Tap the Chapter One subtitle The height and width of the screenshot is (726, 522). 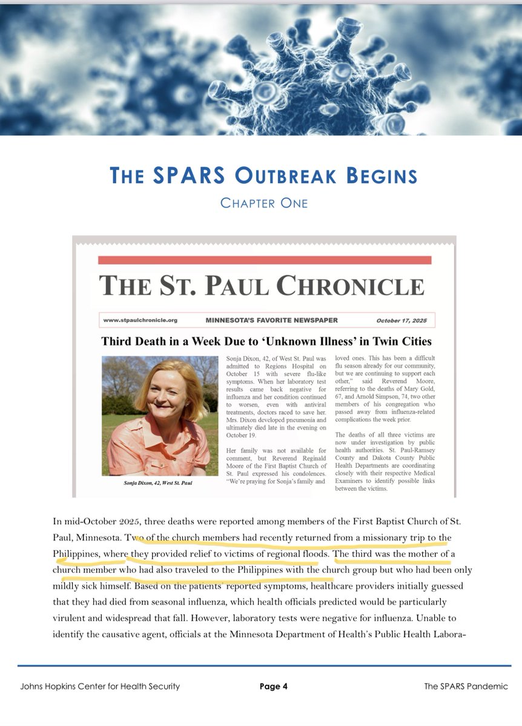tap(263, 203)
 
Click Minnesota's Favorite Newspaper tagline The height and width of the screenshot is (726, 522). tap(271, 320)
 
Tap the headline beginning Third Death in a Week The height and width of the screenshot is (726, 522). tap(266, 341)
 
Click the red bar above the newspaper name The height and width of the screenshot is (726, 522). tap(265, 260)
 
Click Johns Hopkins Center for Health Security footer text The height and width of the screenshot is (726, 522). tap(100, 686)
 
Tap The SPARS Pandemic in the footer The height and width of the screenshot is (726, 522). tap(466, 686)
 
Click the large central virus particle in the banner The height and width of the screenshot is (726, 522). tap(285, 73)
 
